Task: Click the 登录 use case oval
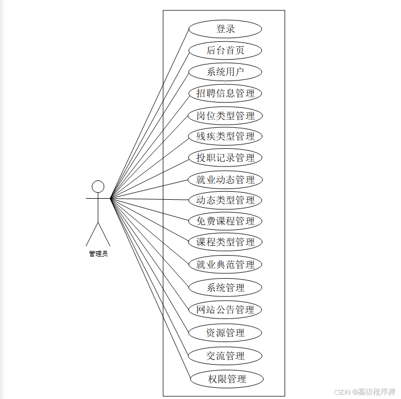point(225,29)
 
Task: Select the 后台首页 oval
point(225,50)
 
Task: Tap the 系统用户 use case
point(225,72)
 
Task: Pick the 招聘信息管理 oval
point(225,93)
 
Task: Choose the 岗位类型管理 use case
point(225,115)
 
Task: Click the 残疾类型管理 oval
point(225,136)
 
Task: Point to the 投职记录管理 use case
point(225,158)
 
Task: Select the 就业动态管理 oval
point(225,179)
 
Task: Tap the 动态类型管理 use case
point(225,200)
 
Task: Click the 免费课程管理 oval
point(225,221)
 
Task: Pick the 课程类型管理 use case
point(225,242)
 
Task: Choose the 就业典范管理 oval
point(225,264)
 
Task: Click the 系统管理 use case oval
point(225,287)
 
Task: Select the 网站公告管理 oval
point(225,309)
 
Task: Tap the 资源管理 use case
point(225,332)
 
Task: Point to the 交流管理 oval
point(225,356)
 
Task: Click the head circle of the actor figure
point(98,186)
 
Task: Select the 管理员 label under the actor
point(98,253)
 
